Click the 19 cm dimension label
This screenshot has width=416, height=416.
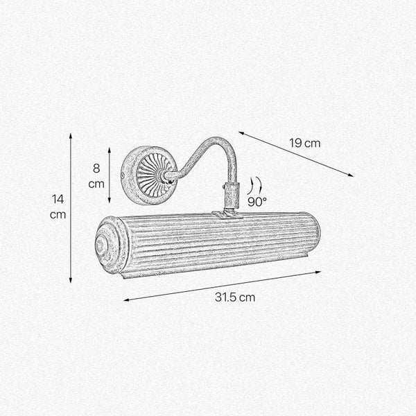304,144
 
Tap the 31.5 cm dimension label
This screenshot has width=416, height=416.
234,297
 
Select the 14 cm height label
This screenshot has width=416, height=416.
58,207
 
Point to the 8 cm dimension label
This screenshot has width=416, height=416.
96,175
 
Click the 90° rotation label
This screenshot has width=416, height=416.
257,202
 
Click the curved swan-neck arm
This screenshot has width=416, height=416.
208,152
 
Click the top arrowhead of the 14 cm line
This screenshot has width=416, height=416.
71,136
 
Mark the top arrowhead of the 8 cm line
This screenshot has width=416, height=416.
110,148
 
